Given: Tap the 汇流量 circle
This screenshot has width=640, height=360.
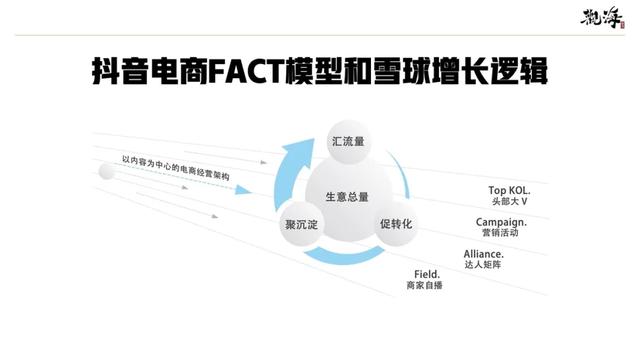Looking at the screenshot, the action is coord(348,142).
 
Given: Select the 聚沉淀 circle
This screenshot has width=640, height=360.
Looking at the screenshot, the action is coord(301,224).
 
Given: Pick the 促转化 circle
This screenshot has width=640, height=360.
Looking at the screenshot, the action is coord(396,224).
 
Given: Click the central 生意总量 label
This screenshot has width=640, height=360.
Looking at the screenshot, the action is coord(347,197).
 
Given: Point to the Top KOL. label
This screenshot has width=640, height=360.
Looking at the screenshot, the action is coord(509,190).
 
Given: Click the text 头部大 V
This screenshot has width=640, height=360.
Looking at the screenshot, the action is coord(509,201).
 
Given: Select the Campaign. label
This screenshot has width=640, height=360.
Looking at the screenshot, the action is coord(501,222).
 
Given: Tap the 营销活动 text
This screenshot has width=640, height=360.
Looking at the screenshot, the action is coord(500,233).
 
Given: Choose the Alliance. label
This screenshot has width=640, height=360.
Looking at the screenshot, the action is coord(483,254).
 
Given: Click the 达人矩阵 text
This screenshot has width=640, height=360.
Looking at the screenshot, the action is coord(482,264).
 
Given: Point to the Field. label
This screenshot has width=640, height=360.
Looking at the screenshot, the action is coord(427,274).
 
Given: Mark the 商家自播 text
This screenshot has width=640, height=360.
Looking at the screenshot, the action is coord(424,285).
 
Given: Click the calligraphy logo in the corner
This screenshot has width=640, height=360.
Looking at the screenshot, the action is coord(602,18).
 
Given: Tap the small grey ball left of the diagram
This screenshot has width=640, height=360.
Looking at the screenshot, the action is coord(107,171).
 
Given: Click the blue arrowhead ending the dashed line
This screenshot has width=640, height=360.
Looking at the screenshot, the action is coord(242,190).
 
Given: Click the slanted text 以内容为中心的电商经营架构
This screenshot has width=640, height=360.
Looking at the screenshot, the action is coord(176,167).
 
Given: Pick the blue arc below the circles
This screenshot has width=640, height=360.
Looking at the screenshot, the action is coord(345,256).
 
